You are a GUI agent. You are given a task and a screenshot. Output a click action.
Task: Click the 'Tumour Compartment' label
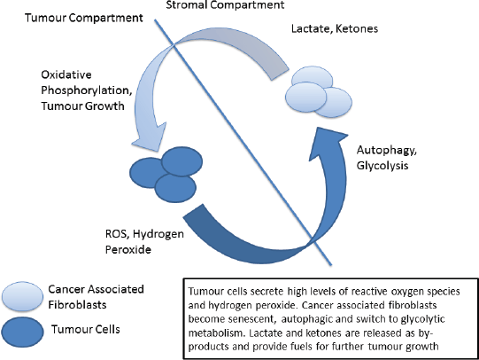(84, 19)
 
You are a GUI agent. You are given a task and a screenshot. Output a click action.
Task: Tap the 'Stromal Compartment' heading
(225, 5)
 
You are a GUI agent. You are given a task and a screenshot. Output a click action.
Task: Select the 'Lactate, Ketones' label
(335, 28)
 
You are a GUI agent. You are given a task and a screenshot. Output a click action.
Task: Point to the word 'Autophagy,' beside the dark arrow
(386, 151)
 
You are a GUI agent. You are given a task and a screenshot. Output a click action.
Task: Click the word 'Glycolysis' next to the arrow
(382, 166)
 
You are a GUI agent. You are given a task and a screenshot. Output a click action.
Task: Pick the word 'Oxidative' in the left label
(66, 74)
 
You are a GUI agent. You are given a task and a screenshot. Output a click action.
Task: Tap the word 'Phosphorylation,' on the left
(87, 90)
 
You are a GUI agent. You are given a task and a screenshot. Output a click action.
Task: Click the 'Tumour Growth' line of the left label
(83, 106)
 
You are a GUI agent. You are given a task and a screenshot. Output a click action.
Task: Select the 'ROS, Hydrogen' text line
(144, 234)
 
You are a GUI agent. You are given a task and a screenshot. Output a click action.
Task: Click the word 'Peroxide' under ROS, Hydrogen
(128, 249)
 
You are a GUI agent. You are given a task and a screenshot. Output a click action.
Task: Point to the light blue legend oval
(22, 296)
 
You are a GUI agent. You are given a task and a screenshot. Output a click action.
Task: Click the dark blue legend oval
(22, 333)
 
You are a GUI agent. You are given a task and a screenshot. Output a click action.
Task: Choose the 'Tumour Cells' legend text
(86, 330)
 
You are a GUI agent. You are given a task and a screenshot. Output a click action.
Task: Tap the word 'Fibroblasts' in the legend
(77, 305)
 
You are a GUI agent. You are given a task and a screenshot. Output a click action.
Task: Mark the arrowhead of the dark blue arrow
(328, 141)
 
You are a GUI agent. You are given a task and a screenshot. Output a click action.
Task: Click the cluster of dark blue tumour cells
(166, 175)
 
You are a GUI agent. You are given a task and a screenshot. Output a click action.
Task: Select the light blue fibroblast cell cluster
(319, 91)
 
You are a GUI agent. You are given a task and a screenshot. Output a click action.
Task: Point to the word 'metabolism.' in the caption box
(215, 333)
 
